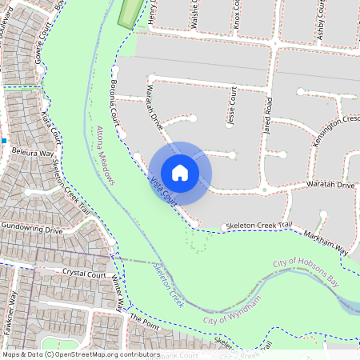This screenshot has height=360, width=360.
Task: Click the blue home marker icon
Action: (180, 172)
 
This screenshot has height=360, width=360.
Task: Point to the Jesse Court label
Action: (232, 107)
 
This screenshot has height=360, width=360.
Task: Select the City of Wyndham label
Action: (232, 309)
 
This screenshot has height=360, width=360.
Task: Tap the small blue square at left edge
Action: (4, 140)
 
